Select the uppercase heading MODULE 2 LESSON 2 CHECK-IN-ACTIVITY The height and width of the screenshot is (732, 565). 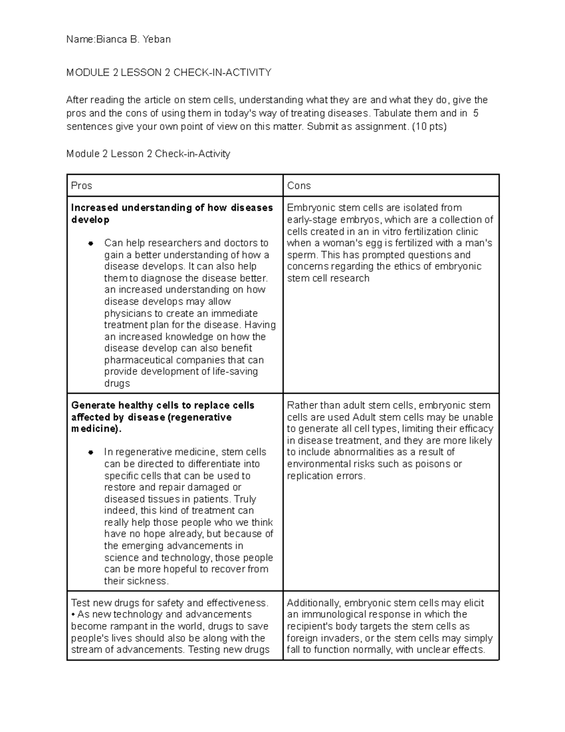pos(169,73)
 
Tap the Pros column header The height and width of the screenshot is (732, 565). pos(81,186)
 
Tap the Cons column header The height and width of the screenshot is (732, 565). pos(299,186)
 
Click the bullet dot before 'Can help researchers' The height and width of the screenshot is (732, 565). pos(91,244)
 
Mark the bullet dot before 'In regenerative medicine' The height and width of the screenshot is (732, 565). pos(91,452)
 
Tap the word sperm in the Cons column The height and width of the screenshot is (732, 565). pos(301,255)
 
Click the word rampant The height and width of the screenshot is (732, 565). pos(123,626)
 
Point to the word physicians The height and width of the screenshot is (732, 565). pos(127,314)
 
